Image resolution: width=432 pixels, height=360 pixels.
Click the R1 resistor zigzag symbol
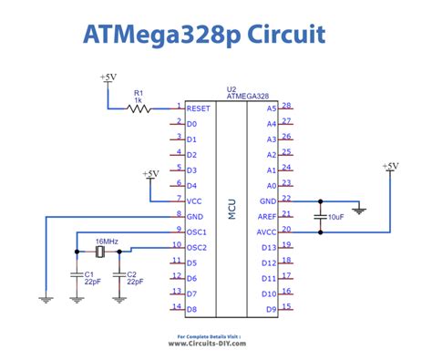(139, 108)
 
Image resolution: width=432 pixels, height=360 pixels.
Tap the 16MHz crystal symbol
(99, 252)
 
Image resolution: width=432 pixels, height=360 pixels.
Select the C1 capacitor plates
(77, 274)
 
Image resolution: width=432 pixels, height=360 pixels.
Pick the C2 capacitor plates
(119, 274)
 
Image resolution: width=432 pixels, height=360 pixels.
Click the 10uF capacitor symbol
(320, 217)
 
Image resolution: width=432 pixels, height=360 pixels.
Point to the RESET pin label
(198, 108)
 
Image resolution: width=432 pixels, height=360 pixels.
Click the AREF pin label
(267, 217)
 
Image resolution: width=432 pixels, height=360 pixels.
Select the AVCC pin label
(266, 232)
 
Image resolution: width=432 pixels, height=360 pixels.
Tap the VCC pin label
(194, 201)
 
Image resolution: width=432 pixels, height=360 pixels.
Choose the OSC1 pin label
(196, 232)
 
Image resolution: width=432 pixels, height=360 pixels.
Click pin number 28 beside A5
(286, 106)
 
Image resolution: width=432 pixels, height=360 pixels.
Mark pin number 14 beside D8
(177, 306)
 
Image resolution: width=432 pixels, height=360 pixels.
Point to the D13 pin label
(269, 248)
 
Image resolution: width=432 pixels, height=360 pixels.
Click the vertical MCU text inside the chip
(231, 209)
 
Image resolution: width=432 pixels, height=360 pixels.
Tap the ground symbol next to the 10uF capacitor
(359, 211)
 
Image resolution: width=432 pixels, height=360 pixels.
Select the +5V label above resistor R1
(108, 77)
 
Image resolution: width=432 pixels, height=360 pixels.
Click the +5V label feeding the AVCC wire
(390, 166)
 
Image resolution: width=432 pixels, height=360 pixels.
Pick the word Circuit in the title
(286, 34)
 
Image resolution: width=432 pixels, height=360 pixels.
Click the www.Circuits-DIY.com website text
(207, 344)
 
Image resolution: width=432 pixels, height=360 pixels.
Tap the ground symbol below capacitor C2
(119, 300)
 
